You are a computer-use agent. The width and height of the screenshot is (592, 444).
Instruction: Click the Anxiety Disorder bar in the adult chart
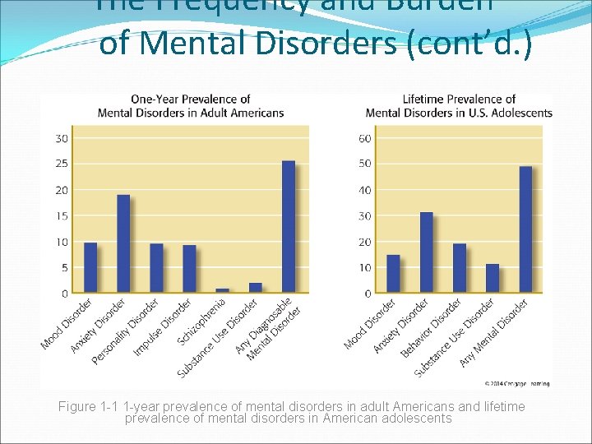123,243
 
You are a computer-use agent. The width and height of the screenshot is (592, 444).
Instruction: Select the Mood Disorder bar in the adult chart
90,267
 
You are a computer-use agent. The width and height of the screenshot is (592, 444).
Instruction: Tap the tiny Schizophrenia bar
222,290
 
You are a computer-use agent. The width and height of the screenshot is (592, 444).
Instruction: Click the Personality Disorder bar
156,268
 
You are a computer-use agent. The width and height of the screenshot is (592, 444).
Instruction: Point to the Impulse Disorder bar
189,269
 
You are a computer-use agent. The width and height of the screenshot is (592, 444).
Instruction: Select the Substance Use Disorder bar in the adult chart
255,288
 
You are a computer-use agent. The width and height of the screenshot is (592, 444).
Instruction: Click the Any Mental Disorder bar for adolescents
525,229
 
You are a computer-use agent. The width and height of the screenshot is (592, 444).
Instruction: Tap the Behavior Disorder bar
460,268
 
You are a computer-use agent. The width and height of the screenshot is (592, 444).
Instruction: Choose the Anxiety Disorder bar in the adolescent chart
427,252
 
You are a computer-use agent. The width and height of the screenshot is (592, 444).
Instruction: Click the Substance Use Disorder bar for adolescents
493,279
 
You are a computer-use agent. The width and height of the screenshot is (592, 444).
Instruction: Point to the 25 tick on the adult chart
62,164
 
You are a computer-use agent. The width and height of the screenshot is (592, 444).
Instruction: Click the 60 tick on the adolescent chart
364,138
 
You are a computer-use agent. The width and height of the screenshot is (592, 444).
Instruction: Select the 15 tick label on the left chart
62,215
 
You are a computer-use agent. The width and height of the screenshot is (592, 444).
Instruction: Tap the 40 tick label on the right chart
364,190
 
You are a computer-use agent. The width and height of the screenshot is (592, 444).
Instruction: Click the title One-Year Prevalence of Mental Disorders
190,106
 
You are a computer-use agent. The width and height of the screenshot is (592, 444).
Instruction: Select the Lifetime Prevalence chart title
459,106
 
